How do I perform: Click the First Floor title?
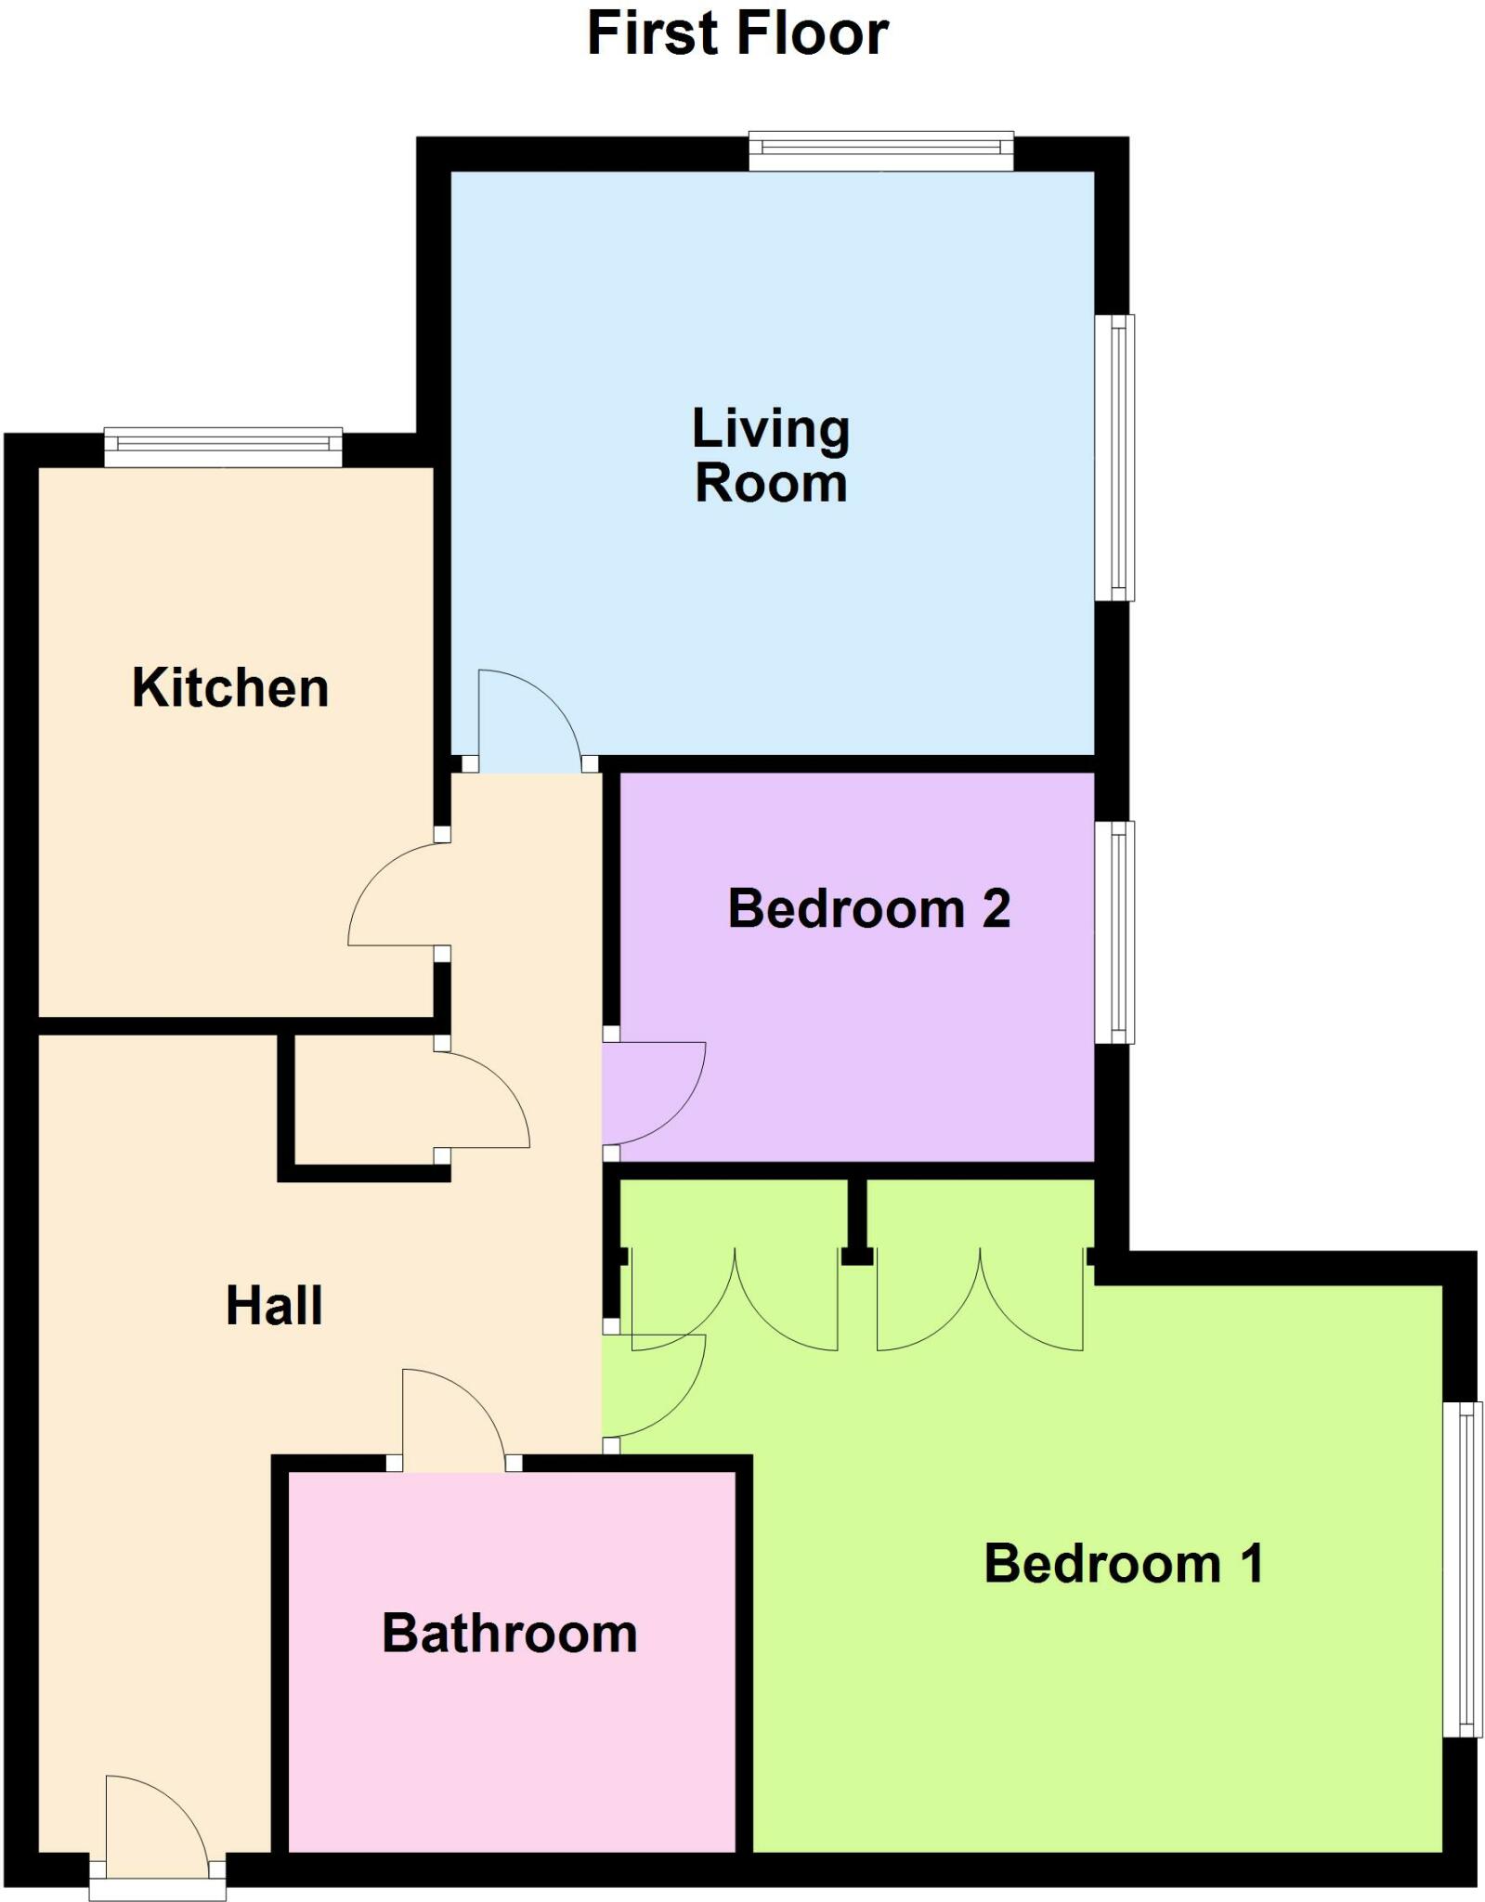tap(737, 33)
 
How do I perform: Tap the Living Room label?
tap(771, 456)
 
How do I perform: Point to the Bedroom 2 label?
tap(868, 908)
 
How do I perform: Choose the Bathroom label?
tap(510, 1634)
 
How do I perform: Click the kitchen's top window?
tap(223, 448)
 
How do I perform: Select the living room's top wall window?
tap(880, 150)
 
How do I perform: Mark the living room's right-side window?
tap(1114, 458)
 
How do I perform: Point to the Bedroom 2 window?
tap(1114, 931)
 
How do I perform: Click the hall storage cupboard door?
tap(483, 1096)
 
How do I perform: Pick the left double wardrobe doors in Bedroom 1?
tap(734, 1300)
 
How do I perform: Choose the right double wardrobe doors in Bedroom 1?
tap(980, 1300)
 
